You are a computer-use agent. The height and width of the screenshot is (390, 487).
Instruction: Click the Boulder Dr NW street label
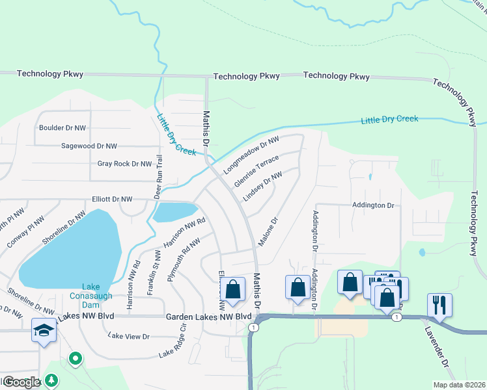[63, 128]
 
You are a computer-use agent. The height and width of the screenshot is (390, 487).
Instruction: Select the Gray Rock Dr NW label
[124, 164]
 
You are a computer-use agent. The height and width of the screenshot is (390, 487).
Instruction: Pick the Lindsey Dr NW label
[263, 187]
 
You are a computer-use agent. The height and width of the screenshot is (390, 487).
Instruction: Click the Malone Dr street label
[268, 231]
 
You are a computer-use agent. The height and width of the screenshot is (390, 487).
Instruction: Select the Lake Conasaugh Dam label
[91, 291]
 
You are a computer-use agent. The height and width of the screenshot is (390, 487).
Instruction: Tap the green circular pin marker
[76, 358]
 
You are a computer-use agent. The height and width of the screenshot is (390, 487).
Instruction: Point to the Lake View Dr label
[129, 336]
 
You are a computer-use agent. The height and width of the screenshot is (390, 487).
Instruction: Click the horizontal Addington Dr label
[373, 205]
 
